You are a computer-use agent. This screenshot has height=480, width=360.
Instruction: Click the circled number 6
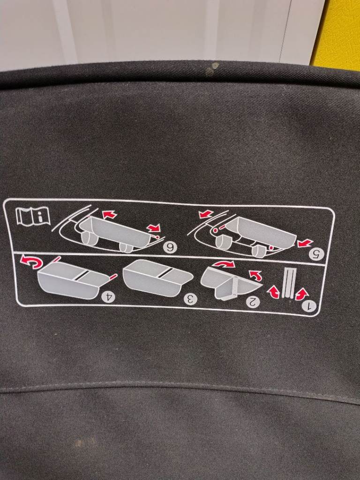(169, 247)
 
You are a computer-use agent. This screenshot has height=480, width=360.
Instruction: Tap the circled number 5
(316, 254)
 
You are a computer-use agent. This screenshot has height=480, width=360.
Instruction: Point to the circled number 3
(190, 299)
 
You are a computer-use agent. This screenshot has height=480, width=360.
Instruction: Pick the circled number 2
(253, 302)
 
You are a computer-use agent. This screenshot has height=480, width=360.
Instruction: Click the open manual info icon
(33, 216)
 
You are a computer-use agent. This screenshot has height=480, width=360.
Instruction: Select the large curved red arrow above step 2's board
(224, 264)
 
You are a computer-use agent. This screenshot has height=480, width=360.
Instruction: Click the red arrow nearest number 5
(305, 243)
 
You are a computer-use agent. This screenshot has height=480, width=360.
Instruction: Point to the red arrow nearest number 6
(153, 228)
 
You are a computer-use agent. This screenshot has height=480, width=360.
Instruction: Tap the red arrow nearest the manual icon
(109, 215)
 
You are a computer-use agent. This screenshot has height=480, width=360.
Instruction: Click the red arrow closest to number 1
(302, 294)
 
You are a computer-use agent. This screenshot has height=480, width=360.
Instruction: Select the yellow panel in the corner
(336, 34)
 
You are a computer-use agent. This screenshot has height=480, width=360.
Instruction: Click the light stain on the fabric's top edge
(212, 69)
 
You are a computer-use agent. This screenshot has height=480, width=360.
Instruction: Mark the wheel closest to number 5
(259, 251)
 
